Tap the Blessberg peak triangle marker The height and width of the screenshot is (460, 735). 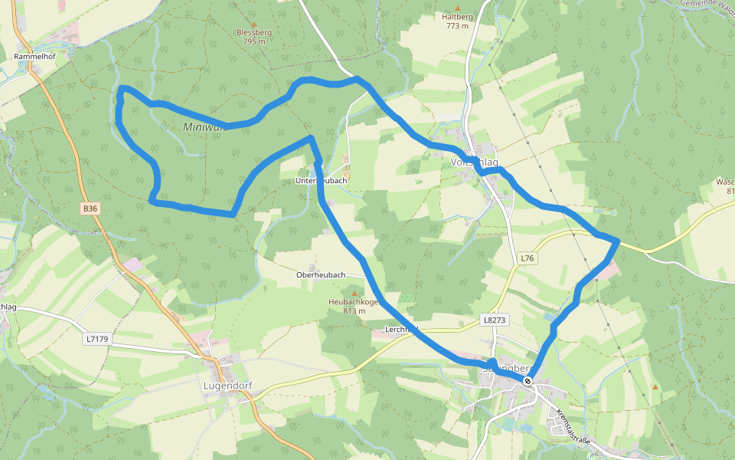[254, 25]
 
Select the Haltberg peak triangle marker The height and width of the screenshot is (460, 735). [457, 7]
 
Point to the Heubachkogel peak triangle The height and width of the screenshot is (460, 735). [354, 293]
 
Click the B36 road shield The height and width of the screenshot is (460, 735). [90, 209]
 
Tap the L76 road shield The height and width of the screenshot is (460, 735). [526, 258]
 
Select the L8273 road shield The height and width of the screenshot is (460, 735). [495, 318]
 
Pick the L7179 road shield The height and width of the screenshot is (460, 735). [97, 338]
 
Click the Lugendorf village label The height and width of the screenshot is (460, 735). [229, 386]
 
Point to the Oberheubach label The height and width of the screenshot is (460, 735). [321, 274]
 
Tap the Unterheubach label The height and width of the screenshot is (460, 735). [322, 181]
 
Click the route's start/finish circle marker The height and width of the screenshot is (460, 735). [528, 381]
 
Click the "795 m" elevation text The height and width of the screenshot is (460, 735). [254, 42]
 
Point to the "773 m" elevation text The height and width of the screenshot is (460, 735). [457, 26]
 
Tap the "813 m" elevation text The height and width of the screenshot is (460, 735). [354, 311]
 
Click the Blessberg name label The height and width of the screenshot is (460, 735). [254, 33]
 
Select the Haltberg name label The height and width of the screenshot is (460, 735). [457, 17]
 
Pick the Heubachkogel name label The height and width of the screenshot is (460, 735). [354, 302]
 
